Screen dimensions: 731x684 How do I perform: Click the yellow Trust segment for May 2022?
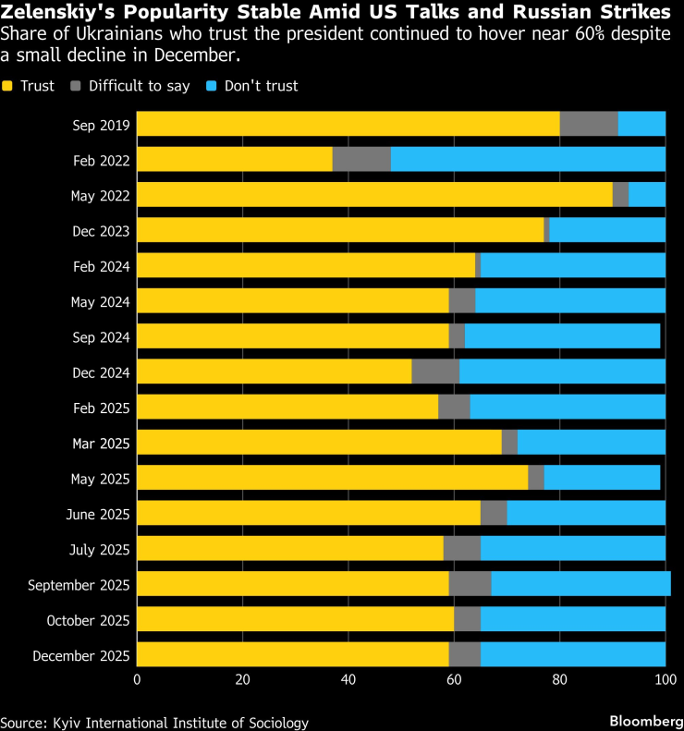[x=374, y=194]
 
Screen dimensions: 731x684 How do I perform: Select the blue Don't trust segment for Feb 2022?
[x=528, y=159]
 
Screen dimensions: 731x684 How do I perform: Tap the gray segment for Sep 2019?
[x=589, y=124]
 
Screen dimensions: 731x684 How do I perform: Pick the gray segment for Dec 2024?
[x=435, y=372]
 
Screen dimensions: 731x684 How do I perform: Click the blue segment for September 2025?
[x=580, y=584]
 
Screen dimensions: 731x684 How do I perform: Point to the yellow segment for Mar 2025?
[x=319, y=442]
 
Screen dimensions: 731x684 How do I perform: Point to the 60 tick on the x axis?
[x=454, y=680]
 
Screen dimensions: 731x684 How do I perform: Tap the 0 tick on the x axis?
[x=137, y=680]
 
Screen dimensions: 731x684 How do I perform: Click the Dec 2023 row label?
[x=103, y=230]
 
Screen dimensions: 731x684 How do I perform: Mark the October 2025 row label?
[x=89, y=619]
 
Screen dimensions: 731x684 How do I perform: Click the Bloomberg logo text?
[x=642, y=719]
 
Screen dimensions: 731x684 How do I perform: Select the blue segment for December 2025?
[x=573, y=654]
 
